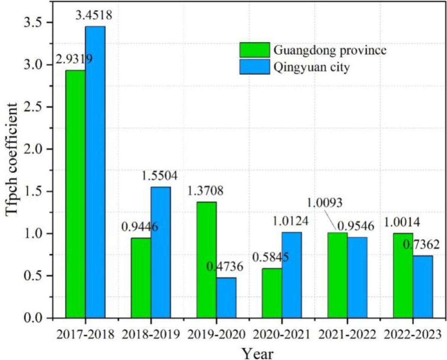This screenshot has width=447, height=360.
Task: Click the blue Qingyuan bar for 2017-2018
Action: (x=95, y=172)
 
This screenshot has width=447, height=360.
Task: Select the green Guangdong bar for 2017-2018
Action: (x=75, y=194)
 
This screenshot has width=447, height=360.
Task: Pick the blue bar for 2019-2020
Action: (x=226, y=298)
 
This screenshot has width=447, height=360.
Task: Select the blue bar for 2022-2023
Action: (x=423, y=287)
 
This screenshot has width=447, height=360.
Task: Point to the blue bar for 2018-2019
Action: (x=161, y=252)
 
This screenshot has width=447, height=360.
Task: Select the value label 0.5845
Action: (x=271, y=258)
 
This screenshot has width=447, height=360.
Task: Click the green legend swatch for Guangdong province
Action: (x=255, y=50)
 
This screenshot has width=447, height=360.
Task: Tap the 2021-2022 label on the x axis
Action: (x=347, y=334)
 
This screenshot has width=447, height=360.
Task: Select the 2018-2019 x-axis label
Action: (x=151, y=334)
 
